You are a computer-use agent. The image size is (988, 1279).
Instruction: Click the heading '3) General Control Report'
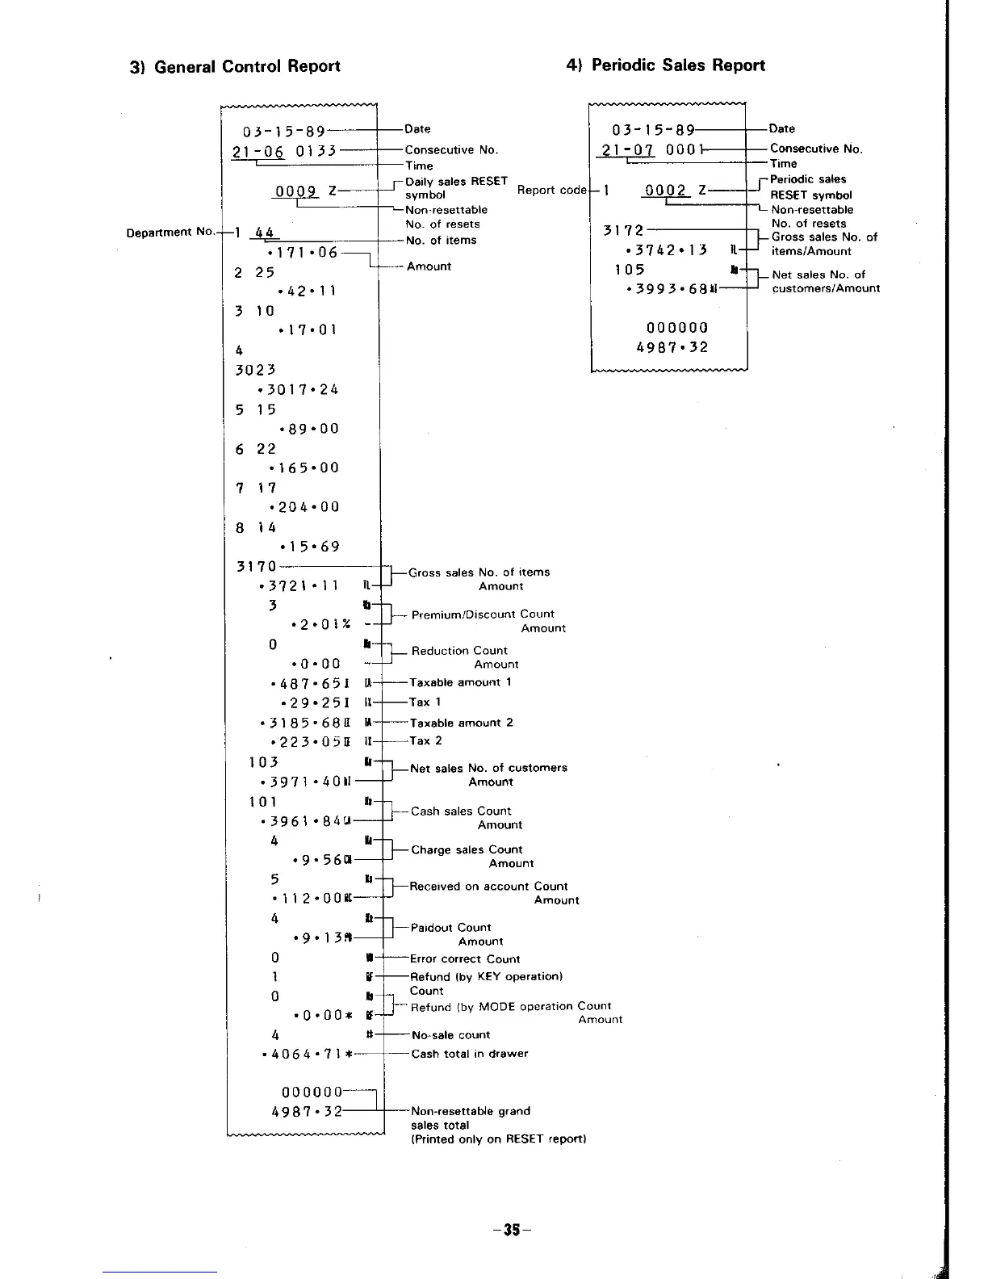(x=236, y=66)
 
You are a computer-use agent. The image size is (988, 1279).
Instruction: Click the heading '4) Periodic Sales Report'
(x=666, y=65)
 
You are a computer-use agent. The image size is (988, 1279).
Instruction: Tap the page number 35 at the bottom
(x=510, y=1231)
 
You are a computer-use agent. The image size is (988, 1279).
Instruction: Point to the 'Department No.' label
(x=171, y=233)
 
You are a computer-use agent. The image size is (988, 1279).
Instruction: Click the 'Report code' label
(x=552, y=190)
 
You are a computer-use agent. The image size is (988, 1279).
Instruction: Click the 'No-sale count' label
(x=450, y=1035)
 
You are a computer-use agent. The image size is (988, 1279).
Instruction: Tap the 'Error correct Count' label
(x=465, y=959)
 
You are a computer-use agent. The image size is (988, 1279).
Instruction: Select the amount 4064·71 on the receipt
(x=303, y=1055)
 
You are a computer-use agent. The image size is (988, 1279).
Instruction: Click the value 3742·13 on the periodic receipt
(x=666, y=250)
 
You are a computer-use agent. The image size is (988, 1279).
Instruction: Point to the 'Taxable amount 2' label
(x=461, y=723)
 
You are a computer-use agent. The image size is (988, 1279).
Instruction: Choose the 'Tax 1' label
(x=425, y=702)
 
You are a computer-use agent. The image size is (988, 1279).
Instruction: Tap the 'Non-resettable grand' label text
(x=471, y=1111)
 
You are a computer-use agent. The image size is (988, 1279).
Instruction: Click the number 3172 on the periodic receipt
(x=624, y=231)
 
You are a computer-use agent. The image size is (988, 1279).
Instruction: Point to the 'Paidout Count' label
(x=450, y=928)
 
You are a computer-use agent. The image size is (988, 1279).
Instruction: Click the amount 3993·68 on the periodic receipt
(x=667, y=288)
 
